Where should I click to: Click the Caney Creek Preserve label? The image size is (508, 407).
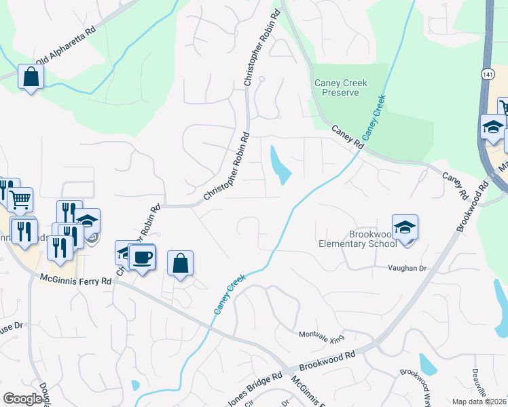[340, 88]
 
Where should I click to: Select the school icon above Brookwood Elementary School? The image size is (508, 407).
[405, 227]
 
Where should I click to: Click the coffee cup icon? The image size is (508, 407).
[142, 257]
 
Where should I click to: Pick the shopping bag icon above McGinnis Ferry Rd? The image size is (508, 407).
[180, 263]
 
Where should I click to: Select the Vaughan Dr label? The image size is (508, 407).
[406, 269]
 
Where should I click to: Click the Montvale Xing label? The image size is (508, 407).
[322, 335]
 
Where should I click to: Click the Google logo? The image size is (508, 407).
[23, 399]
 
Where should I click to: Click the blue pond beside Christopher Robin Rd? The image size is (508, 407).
[280, 165]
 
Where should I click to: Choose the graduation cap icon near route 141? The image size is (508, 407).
[492, 127]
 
